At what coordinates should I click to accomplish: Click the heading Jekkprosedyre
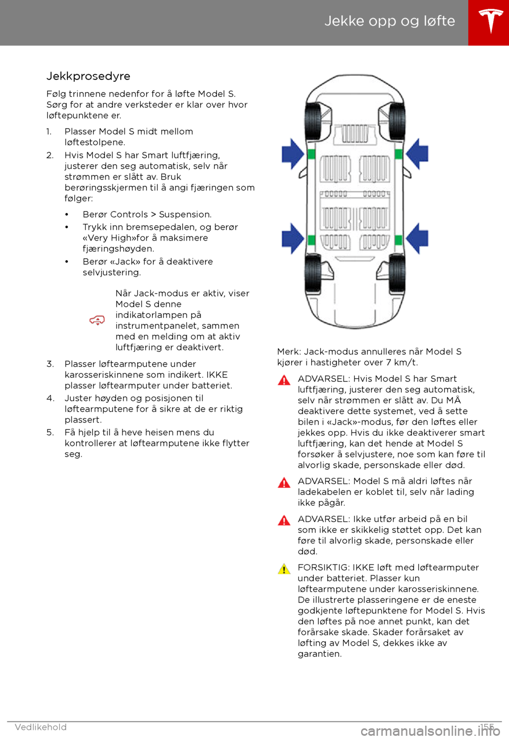(88, 76)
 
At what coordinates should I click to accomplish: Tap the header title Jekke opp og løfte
(390, 21)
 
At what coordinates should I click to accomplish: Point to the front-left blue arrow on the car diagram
(292, 154)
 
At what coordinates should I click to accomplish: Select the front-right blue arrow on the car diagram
(417, 154)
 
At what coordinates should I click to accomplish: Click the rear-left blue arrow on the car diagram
(292, 239)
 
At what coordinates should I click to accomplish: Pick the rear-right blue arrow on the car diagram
(417, 239)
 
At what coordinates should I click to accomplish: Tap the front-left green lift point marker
(311, 154)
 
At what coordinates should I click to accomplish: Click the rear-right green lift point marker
(399, 240)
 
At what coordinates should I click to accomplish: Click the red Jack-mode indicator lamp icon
(97, 320)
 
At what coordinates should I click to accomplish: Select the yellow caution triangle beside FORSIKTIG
(284, 569)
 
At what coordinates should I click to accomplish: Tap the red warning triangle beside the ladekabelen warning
(284, 483)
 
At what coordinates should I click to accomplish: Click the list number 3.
(50, 364)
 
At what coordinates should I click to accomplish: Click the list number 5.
(50, 433)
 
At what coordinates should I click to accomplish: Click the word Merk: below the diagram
(289, 352)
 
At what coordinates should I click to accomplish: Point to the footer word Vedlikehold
(41, 727)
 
